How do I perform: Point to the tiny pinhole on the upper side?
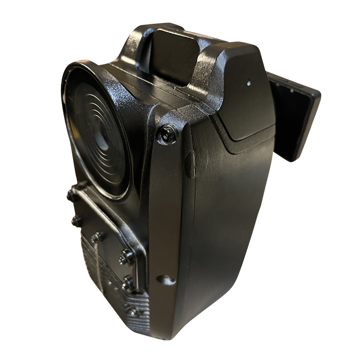pos(248,83)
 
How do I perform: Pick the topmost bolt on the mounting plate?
pos(72,194)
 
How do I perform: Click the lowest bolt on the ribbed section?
pos(134,311)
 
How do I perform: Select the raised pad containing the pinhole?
pos(245,99)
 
